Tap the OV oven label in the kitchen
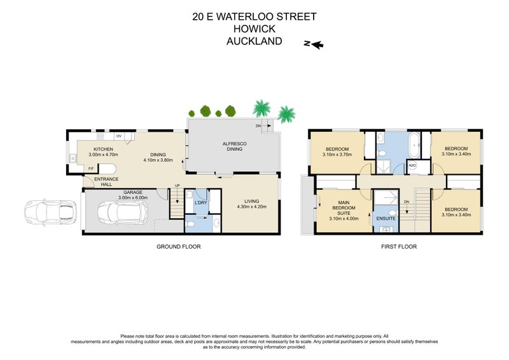(x=119, y=136)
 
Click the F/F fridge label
(x=91, y=169)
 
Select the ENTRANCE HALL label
(x=106, y=182)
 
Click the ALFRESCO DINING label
(x=234, y=148)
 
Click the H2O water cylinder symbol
(x=412, y=167)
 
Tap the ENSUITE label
(x=386, y=218)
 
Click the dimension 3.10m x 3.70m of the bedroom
(x=337, y=155)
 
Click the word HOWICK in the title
(x=254, y=29)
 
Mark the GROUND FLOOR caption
(x=178, y=246)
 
